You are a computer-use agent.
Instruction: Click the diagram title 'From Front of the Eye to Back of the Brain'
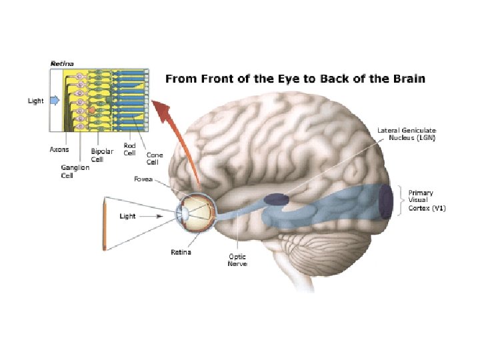[x=295, y=79]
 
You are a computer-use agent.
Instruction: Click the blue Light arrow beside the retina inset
[x=55, y=101]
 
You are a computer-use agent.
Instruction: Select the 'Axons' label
[x=59, y=150]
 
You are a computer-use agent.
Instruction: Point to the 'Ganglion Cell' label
[x=75, y=172]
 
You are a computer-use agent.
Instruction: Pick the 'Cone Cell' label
[x=153, y=159]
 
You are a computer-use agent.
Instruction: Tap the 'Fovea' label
[x=162, y=179]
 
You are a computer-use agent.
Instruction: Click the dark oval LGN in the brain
[x=277, y=198]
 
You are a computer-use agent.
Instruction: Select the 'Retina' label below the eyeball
[x=182, y=252]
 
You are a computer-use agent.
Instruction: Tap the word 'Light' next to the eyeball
[x=128, y=216]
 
